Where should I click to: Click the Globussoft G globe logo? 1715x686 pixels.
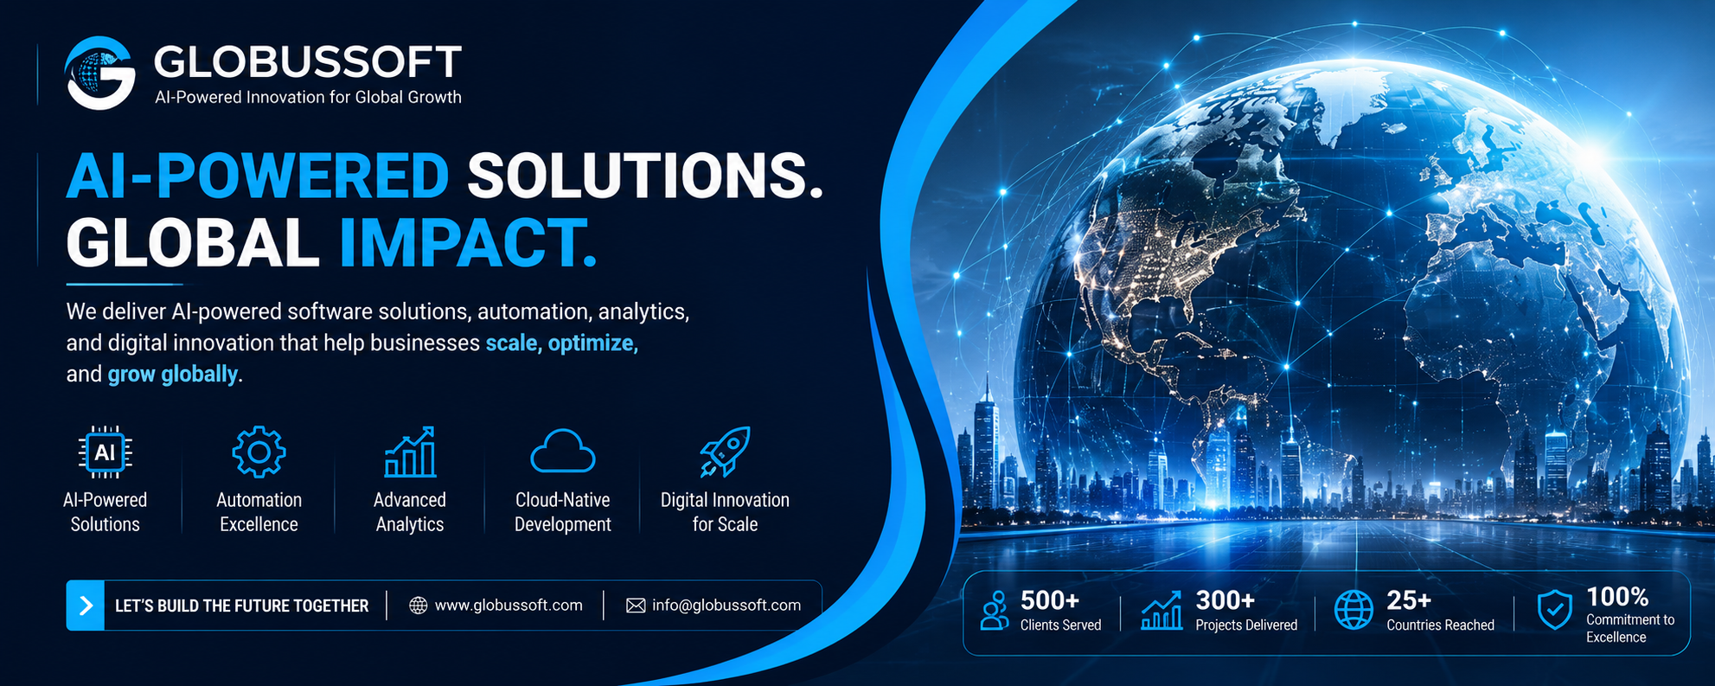tap(100, 73)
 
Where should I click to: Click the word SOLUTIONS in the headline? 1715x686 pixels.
tap(644, 176)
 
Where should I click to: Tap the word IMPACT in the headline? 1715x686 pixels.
tap(468, 242)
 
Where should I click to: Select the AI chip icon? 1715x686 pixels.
tap(105, 452)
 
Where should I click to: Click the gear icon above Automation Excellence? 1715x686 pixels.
tap(259, 452)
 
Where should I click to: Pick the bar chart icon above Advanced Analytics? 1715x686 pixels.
tap(410, 452)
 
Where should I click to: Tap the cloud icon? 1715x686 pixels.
tap(563, 451)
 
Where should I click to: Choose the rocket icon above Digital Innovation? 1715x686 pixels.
tap(725, 452)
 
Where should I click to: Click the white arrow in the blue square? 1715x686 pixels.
tap(86, 606)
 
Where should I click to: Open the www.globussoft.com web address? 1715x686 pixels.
tap(509, 606)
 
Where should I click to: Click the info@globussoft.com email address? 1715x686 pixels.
tap(726, 606)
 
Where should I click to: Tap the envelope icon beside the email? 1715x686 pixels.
tap(636, 606)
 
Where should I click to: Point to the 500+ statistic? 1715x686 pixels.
tap(1050, 599)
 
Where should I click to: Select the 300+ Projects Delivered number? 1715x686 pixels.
tap(1225, 599)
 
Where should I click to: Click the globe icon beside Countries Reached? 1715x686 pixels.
tap(1353, 610)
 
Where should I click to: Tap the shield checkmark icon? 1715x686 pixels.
tap(1554, 610)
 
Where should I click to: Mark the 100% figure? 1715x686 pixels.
tap(1617, 597)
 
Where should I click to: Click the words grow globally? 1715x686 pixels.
tap(172, 374)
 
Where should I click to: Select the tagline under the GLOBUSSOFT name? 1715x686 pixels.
tap(308, 98)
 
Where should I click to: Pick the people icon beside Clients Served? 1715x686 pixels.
tap(995, 610)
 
